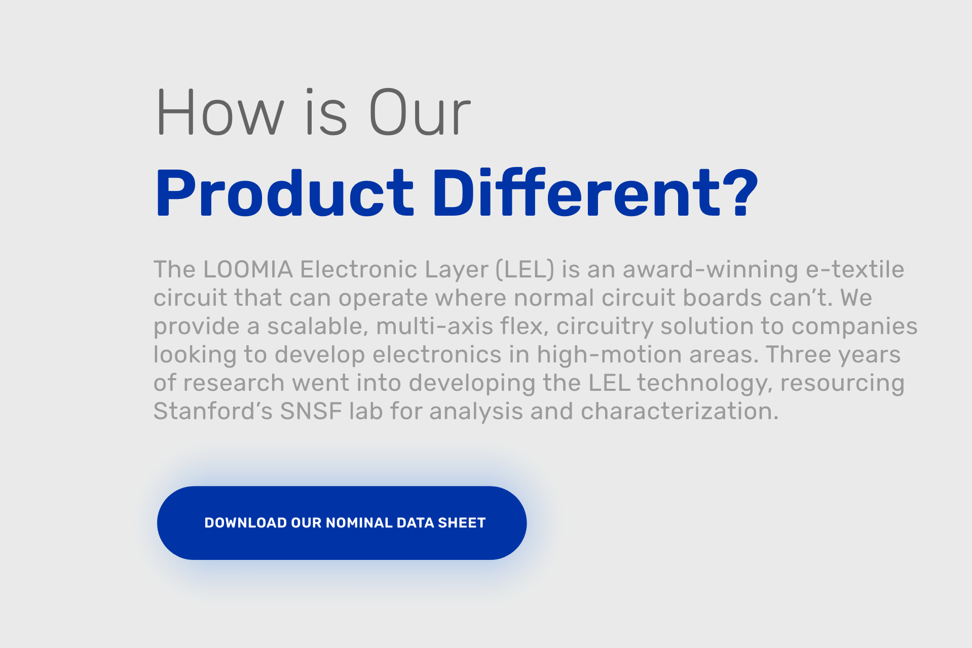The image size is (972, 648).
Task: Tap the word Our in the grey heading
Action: tap(420, 112)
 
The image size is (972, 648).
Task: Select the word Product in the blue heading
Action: tap(284, 194)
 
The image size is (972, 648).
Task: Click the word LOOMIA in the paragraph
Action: tap(248, 269)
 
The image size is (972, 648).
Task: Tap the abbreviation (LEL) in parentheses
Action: tap(525, 269)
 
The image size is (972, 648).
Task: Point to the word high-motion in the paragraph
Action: tap(609, 354)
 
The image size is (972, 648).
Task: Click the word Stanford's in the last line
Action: tap(213, 411)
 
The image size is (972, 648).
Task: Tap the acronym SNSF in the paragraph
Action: tap(311, 411)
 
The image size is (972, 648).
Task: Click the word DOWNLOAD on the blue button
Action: tap(245, 523)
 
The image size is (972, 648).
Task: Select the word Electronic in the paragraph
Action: tap(359, 269)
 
